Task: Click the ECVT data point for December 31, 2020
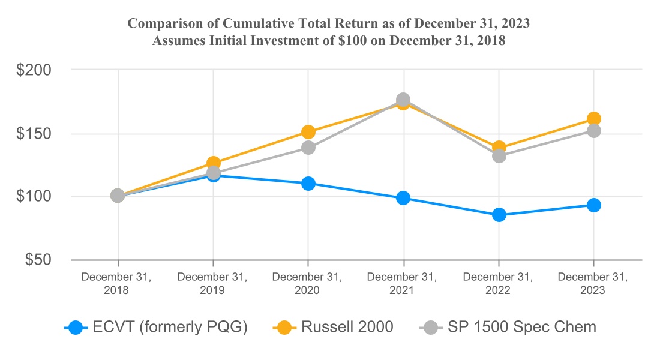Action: pyautogui.click(x=308, y=183)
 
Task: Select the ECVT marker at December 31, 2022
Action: pyautogui.click(x=499, y=215)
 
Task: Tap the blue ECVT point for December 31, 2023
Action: pyautogui.click(x=593, y=205)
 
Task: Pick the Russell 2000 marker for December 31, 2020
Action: pyautogui.click(x=308, y=132)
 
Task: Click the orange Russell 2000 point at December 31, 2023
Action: pyautogui.click(x=593, y=119)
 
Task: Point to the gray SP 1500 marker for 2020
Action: pyautogui.click(x=308, y=147)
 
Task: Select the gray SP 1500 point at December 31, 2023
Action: pyautogui.click(x=593, y=130)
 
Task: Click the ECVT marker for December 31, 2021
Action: pyautogui.click(x=403, y=198)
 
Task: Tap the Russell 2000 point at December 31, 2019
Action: pyautogui.click(x=213, y=163)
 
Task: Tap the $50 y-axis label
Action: pyautogui.click(x=38, y=260)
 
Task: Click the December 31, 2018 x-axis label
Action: pyautogui.click(x=118, y=283)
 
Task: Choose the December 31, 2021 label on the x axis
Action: pyautogui.click(x=403, y=283)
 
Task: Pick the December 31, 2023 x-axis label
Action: pyautogui.click(x=593, y=283)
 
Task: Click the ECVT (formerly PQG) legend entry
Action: pyautogui.click(x=156, y=327)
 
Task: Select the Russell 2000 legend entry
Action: pyautogui.click(x=333, y=327)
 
